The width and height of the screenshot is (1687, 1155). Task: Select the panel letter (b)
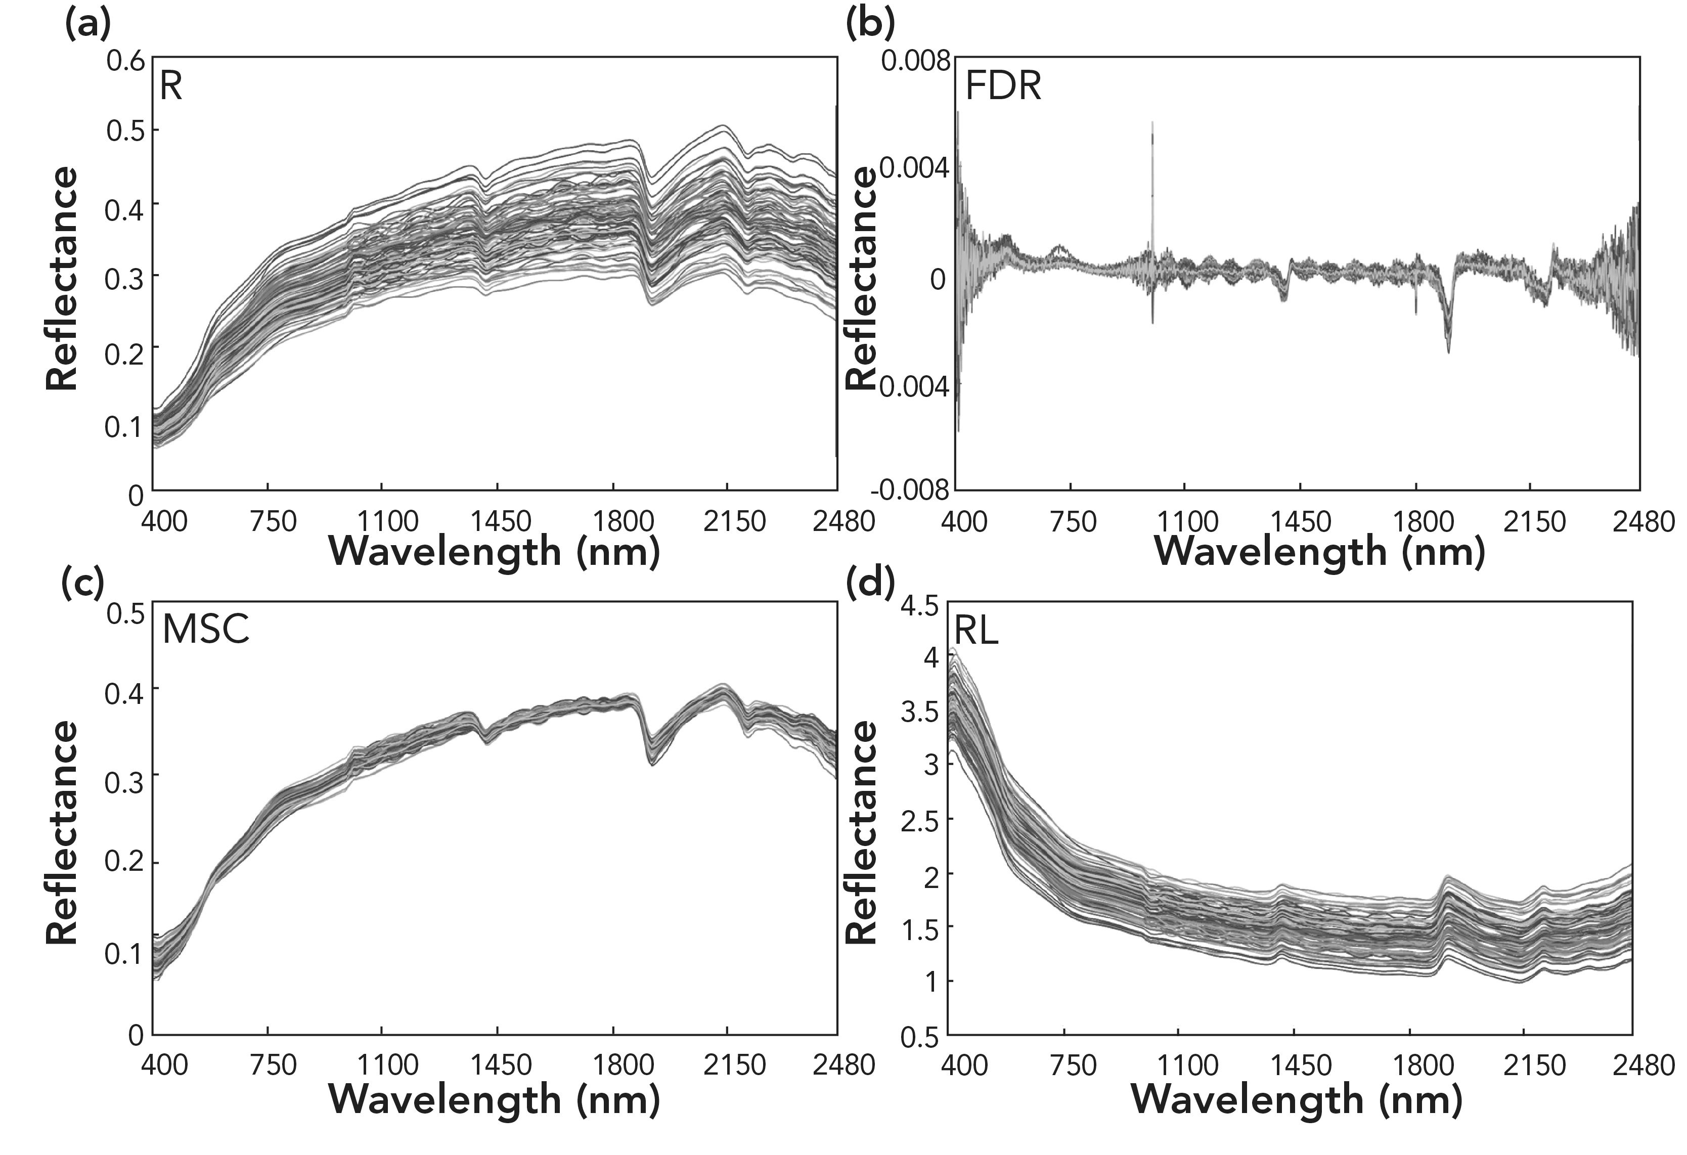[870, 25]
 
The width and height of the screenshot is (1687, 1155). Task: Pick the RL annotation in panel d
[975, 632]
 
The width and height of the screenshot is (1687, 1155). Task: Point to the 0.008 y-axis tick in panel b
[915, 61]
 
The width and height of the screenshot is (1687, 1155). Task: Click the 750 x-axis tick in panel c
[273, 1065]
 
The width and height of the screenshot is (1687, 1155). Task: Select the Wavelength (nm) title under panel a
[495, 552]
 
